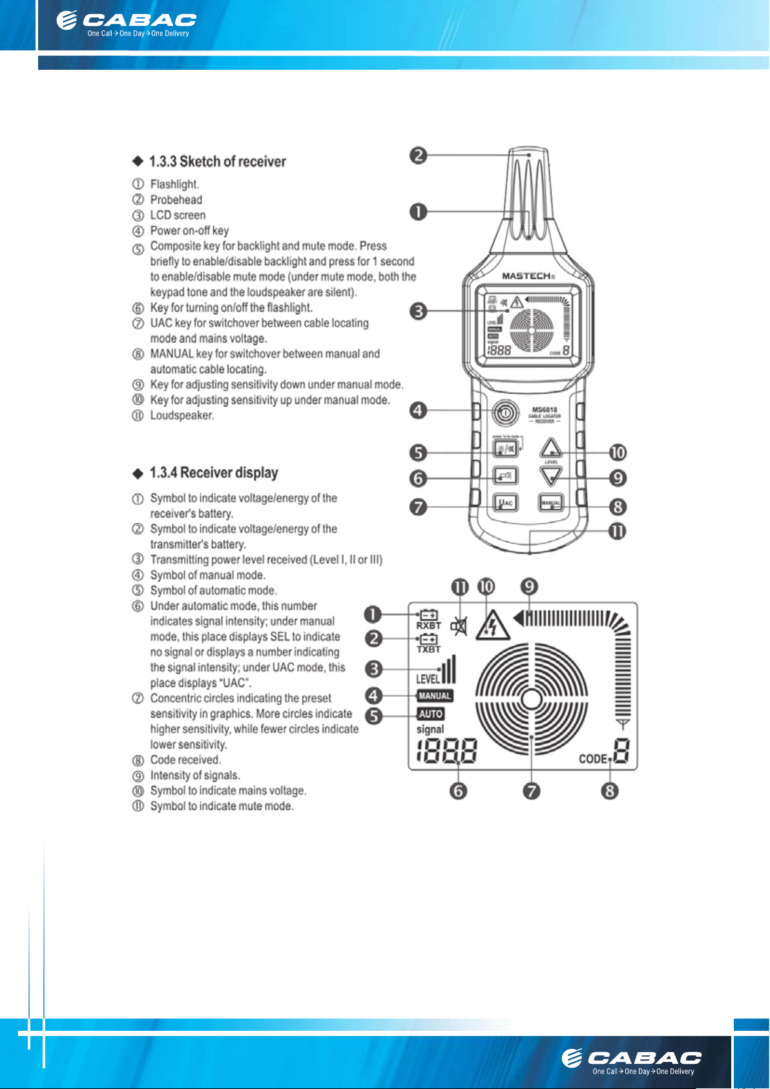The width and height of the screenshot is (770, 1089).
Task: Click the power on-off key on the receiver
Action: [x=505, y=411]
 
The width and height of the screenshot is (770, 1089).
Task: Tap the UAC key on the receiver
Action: [x=505, y=502]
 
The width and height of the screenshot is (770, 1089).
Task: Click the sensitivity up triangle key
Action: [x=550, y=448]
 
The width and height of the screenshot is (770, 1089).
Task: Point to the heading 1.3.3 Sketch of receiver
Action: [x=217, y=162]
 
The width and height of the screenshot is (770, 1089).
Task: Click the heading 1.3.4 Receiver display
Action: [x=213, y=472]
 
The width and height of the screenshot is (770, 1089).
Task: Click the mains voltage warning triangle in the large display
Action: [x=492, y=625]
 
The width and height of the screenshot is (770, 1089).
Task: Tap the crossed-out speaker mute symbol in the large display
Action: [x=459, y=626]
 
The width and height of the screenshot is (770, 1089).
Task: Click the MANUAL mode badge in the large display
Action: [x=435, y=696]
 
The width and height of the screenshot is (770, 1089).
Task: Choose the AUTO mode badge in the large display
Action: [x=430, y=714]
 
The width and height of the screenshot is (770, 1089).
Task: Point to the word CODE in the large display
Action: [x=593, y=759]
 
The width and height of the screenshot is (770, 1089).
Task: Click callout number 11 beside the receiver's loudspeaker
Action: [x=618, y=531]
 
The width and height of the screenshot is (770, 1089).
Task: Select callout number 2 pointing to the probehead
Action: [x=419, y=155]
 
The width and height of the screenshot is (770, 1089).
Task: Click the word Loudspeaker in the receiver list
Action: [x=182, y=416]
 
